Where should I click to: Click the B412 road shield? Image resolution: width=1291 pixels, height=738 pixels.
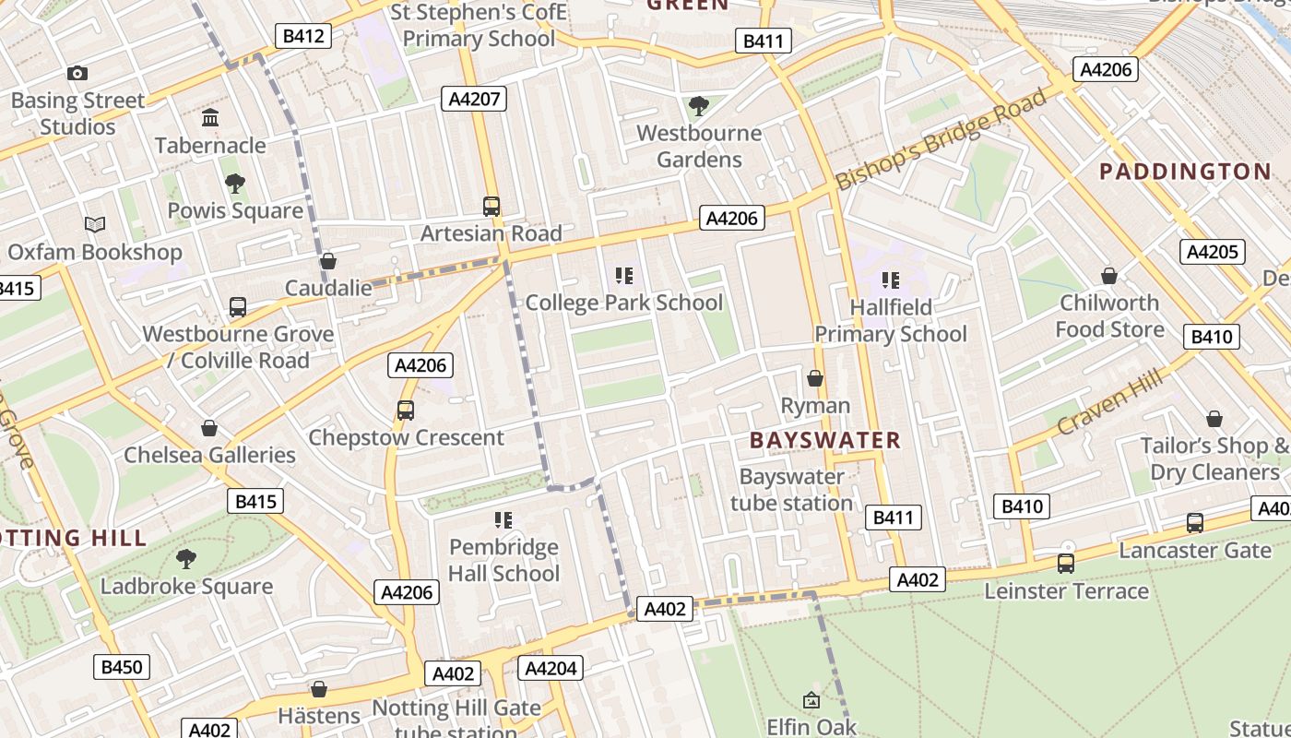[303, 36]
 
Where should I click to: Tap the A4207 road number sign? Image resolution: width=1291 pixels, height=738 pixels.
[474, 99]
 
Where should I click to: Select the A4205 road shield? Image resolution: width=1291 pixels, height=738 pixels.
[1212, 252]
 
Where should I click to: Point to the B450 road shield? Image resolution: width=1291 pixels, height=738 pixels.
[122, 667]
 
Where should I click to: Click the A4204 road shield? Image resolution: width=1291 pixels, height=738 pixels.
[551, 668]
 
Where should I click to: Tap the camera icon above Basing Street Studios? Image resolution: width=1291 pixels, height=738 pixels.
[77, 73]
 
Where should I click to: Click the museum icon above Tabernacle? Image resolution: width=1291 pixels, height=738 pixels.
[210, 118]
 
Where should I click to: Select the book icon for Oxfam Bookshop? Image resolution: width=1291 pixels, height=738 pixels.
[94, 224]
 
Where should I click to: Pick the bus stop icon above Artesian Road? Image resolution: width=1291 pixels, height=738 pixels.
[492, 207]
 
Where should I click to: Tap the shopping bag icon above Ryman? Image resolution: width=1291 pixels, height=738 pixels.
[815, 378]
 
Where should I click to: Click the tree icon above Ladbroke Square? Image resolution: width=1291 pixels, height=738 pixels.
[186, 558]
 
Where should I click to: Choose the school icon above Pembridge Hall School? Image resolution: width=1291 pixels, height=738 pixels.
[503, 520]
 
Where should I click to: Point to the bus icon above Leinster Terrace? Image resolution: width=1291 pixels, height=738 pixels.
[1066, 563]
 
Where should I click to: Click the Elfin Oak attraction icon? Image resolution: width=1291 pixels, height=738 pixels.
[811, 701]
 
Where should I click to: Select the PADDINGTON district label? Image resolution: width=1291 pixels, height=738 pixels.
[1185, 172]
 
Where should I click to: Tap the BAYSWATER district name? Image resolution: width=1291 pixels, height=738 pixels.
[824, 440]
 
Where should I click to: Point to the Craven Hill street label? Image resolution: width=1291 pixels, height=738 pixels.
[1109, 399]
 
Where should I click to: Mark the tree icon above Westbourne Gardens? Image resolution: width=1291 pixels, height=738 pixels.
[699, 106]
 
